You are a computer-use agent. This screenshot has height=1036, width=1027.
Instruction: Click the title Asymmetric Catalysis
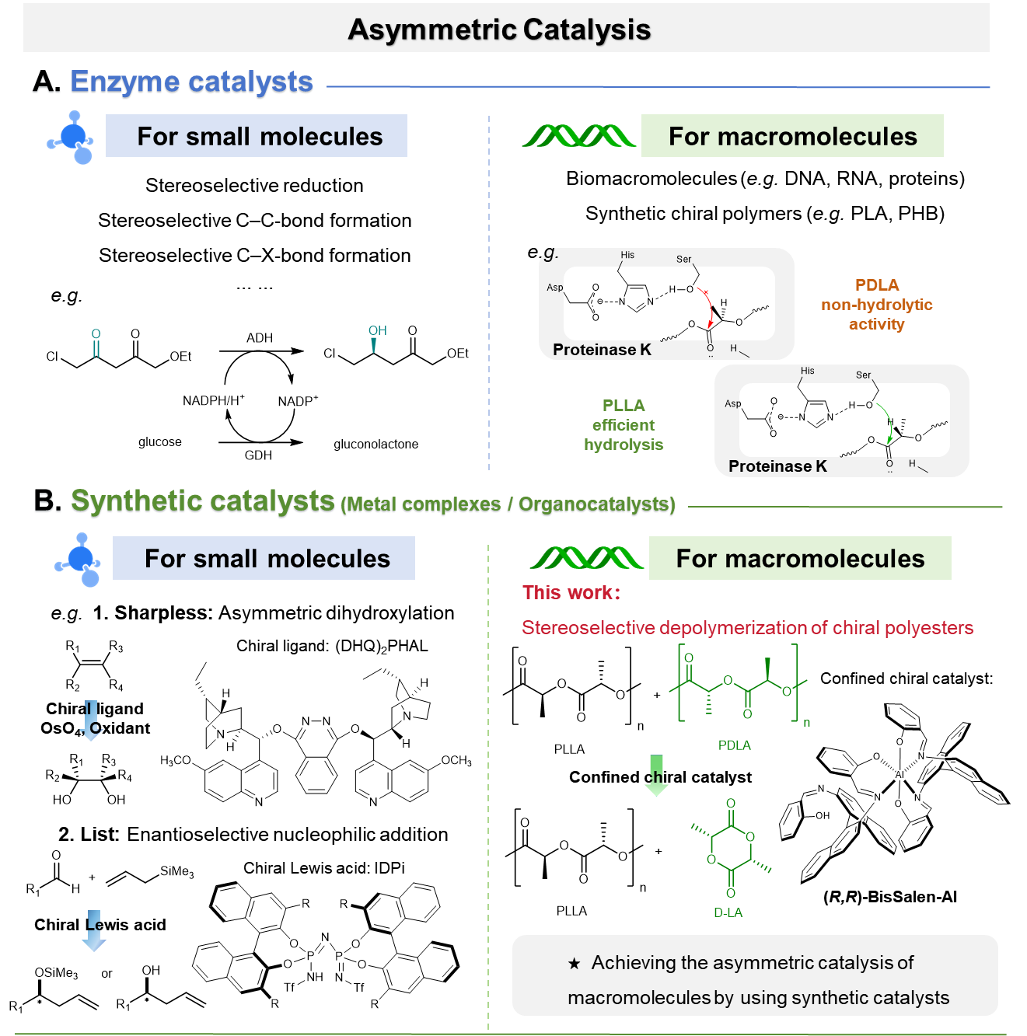click(499, 30)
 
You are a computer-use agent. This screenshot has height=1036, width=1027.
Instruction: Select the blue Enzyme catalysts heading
click(191, 82)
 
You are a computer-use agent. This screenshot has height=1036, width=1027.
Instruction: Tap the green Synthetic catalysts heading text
click(203, 501)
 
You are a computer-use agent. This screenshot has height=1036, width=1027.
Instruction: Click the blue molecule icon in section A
click(72, 138)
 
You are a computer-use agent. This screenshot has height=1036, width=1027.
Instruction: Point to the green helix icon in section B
click(586, 558)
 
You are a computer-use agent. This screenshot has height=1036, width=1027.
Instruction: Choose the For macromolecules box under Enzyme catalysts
click(792, 136)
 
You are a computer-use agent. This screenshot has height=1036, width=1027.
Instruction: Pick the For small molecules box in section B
click(264, 558)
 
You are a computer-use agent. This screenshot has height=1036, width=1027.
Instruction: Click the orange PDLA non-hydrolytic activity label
click(876, 305)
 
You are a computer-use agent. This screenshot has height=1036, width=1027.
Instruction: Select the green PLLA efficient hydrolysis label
click(624, 425)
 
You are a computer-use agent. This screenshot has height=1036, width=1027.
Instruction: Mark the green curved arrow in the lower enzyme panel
click(888, 424)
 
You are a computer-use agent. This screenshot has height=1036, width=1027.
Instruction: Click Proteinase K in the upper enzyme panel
click(602, 350)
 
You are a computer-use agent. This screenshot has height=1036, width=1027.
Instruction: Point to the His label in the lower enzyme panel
click(808, 371)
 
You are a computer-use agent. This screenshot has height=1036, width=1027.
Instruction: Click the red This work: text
click(571, 593)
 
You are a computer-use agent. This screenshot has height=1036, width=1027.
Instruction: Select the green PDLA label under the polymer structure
click(735, 745)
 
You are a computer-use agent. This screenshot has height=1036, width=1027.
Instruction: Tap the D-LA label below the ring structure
click(728, 912)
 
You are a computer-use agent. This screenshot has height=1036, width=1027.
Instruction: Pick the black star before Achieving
click(575, 964)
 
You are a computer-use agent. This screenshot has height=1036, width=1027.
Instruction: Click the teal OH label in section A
click(378, 331)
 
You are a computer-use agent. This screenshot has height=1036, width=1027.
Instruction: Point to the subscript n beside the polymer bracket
click(807, 724)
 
